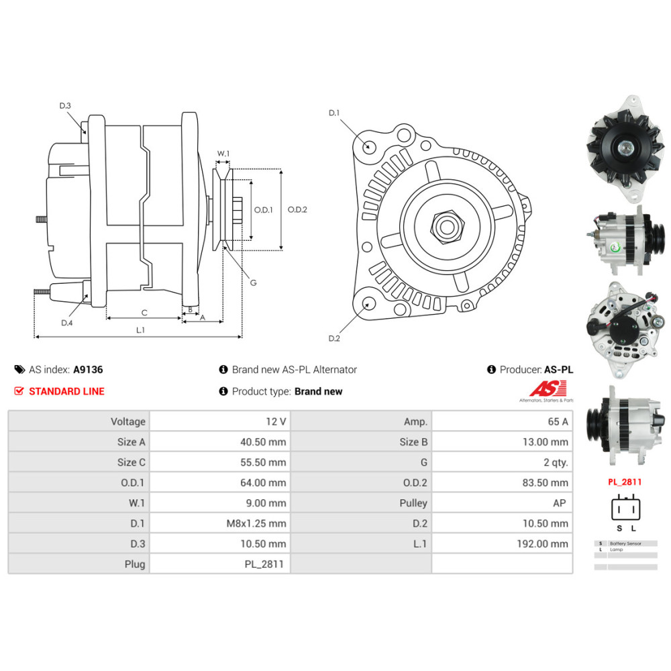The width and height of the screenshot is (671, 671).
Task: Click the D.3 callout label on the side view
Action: [65, 106]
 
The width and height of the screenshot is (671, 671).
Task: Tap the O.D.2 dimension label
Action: [297, 209]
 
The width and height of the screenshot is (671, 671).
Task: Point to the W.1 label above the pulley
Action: [223, 154]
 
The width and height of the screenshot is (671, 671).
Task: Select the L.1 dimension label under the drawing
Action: [141, 329]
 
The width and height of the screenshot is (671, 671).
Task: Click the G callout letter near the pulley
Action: [253, 282]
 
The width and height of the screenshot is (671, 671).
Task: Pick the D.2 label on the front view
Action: [334, 338]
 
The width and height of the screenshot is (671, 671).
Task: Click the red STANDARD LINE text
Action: [66, 391]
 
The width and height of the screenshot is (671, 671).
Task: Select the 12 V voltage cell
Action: [276, 421]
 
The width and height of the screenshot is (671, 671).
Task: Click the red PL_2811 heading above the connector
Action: [625, 481]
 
